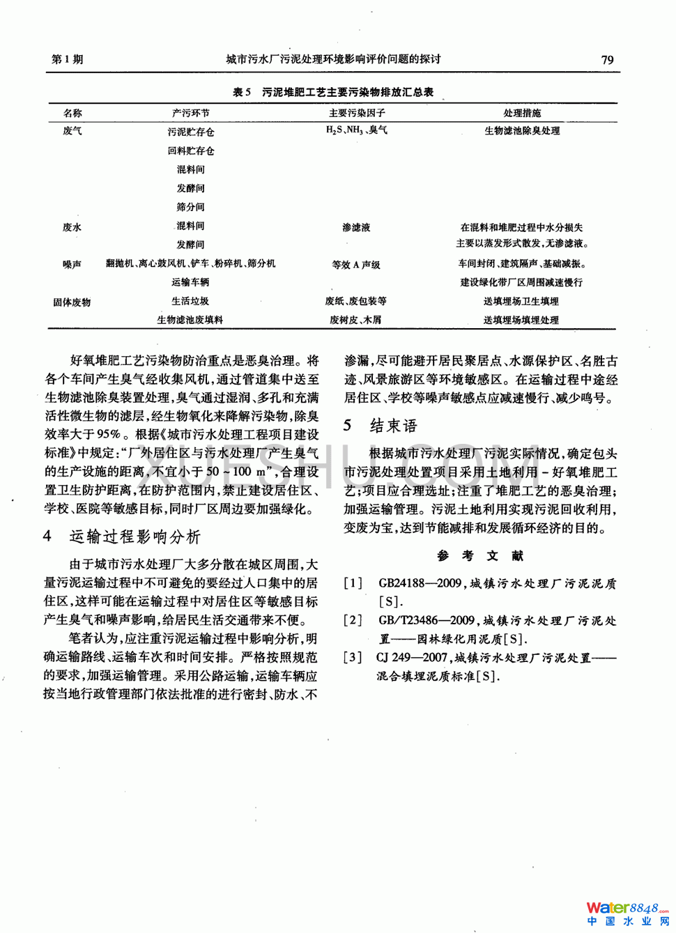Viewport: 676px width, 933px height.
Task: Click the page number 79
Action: coord(607,60)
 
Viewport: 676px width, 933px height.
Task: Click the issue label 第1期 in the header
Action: coord(68,59)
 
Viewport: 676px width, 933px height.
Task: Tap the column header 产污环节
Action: coord(190,113)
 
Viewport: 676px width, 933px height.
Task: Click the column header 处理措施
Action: coord(522,113)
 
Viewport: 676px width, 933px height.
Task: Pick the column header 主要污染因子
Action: coord(357,113)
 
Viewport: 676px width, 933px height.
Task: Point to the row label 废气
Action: coord(72,131)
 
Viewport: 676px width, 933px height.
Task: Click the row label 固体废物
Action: coord(72,302)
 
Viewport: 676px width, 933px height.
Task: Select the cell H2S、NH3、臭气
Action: coord(357,130)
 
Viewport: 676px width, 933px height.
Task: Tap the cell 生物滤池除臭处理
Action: coord(522,131)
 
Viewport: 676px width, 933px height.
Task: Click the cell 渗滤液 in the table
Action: coord(356,227)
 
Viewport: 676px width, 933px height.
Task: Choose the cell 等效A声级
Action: coord(356,265)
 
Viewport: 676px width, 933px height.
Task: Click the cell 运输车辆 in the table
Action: coord(190,282)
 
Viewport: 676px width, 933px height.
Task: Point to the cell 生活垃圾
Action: coord(190,301)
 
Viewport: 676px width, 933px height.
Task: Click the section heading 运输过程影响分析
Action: coord(135,537)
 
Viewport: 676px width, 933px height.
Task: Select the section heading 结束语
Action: coord(393,426)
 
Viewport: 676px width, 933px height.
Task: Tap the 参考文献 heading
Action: coord(479,555)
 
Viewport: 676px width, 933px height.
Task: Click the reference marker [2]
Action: coord(353,620)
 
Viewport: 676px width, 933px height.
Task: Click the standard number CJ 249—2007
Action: coord(412,657)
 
